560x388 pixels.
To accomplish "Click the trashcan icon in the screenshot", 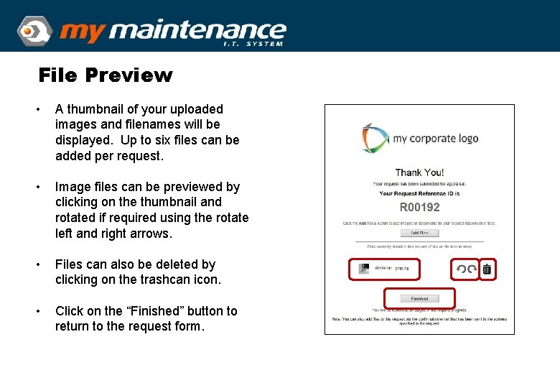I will pos(487,269).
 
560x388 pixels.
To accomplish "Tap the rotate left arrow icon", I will pos(460,269).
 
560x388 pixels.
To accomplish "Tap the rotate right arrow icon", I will pos(472,269).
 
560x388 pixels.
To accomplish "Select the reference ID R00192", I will pos(419,208).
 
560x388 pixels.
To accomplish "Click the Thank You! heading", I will pos(419,172).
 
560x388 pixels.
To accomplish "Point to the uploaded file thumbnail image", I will pos(365,269).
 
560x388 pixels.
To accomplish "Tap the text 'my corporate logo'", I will pos(435,139).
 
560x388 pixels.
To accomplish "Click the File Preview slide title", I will pos(106,75).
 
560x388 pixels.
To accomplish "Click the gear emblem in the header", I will pos(33,31).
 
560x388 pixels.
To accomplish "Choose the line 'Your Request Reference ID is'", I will pos(419,193).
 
